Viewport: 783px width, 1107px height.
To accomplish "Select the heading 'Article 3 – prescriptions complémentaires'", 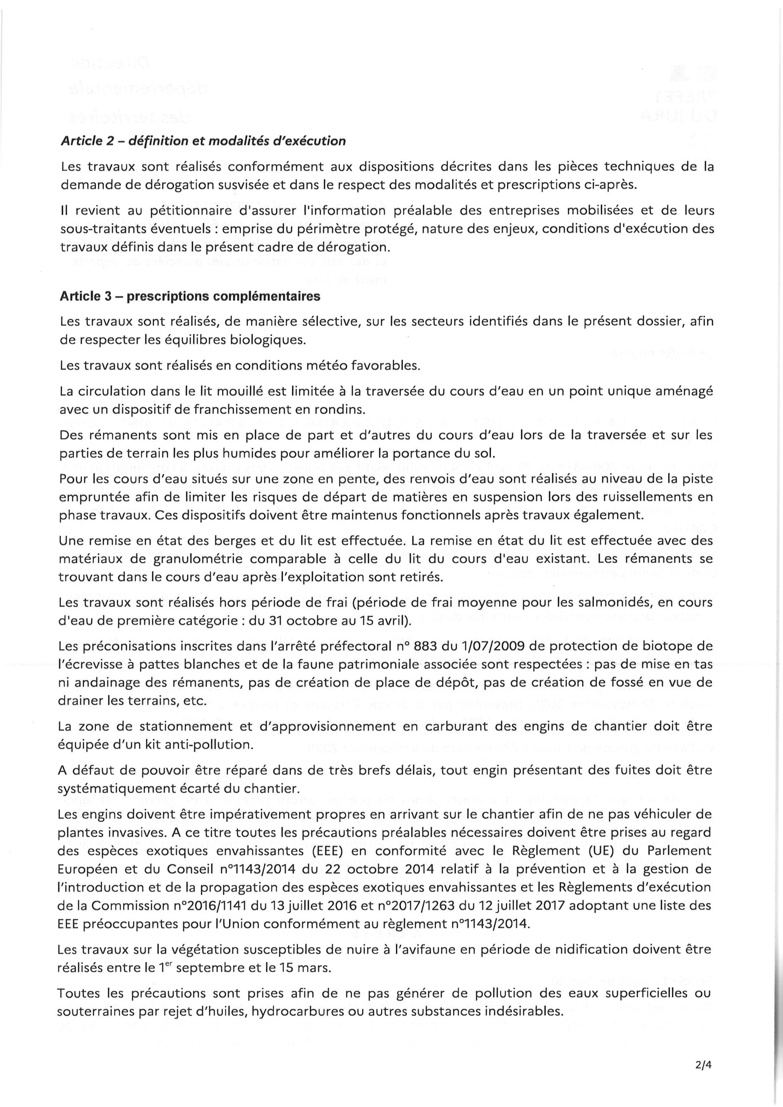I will pyautogui.click(x=190, y=297).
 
